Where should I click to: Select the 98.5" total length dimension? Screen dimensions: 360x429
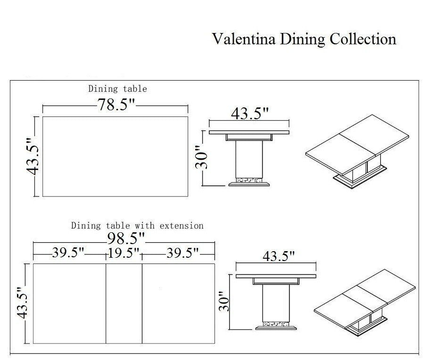pyautogui.click(x=125, y=237)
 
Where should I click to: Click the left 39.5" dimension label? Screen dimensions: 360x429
pyautogui.click(x=69, y=254)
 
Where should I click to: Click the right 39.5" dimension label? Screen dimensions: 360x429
pyautogui.click(x=182, y=254)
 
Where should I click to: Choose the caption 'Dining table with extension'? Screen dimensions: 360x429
pyautogui.click(x=137, y=226)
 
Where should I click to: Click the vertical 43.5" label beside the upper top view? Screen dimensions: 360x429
pyautogui.click(x=33, y=156)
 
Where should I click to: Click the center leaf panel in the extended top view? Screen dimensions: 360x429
pyautogui.click(x=124, y=303)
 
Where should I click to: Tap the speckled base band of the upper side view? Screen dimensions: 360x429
pyautogui.click(x=249, y=180)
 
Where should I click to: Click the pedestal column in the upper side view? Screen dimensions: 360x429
pyautogui.click(x=249, y=158)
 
